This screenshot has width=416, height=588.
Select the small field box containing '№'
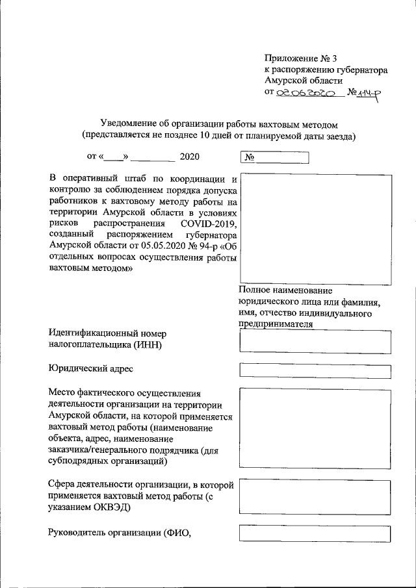point(275,158)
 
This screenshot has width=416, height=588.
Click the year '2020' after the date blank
point(190,157)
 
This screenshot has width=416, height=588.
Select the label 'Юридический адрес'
point(91,368)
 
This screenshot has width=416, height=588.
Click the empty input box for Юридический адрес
point(315,370)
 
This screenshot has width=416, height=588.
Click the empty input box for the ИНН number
point(315,341)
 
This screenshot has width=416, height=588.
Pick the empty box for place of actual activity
point(315,428)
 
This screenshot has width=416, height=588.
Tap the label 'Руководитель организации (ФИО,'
point(123,534)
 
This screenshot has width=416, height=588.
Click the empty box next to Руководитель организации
point(315,533)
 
